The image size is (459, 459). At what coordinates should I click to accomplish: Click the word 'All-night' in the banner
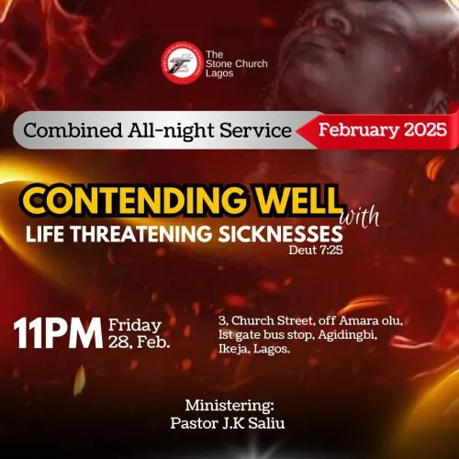coord(149,130)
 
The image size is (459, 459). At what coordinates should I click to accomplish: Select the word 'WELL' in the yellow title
coord(295,201)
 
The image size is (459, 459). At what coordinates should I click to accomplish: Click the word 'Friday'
coord(135,325)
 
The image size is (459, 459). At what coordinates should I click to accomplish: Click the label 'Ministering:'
coord(229,405)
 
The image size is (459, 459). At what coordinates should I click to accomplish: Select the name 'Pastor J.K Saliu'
coord(228,423)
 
